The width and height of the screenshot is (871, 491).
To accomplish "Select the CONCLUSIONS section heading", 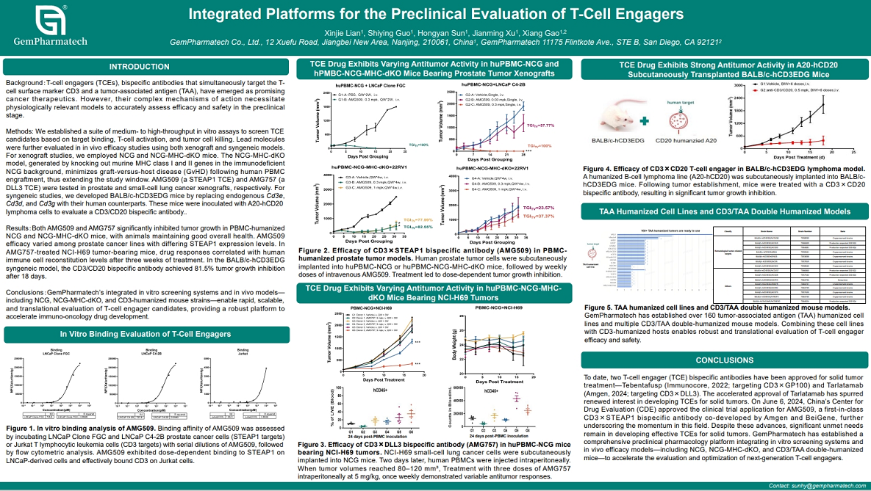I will [724, 360].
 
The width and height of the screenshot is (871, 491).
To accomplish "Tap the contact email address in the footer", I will [817, 486].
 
